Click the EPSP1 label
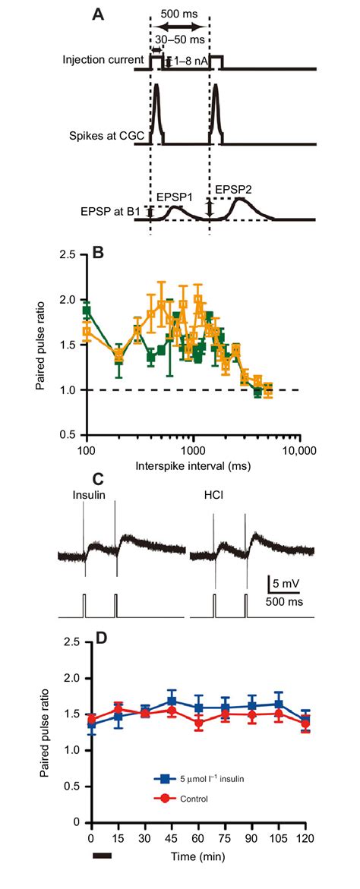tap(175, 196)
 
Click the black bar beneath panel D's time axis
tap(101, 855)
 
